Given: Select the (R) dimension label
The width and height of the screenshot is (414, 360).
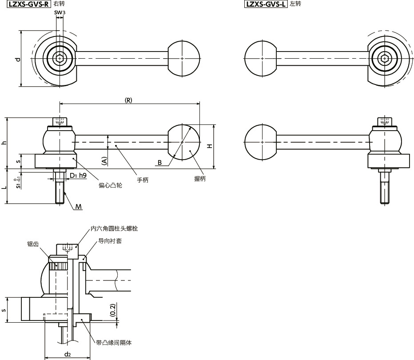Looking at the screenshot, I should pos(128,100).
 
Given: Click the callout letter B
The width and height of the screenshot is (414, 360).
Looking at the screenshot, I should pos(159,163).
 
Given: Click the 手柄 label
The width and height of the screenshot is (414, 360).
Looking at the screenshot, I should pos(142,180).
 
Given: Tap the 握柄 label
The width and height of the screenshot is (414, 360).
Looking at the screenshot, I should pos(200,179).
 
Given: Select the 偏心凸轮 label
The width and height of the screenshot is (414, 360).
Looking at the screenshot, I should pos(110,185).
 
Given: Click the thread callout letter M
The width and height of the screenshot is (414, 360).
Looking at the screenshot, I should pos(78,207).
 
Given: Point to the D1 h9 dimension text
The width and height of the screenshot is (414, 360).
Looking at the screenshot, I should pos(78,176).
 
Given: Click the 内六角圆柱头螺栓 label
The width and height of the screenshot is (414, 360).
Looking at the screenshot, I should pos(114,228).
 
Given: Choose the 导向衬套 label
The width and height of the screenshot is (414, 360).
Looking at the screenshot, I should pos(110,240).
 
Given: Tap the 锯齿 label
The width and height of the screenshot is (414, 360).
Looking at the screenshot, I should pos(32,244).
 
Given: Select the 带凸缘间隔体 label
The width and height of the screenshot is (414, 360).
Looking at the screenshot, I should pos(114,343).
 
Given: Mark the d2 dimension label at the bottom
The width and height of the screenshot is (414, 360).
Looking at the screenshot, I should pos(68,354).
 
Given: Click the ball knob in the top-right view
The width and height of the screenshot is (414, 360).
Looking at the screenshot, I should pos(260,58).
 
